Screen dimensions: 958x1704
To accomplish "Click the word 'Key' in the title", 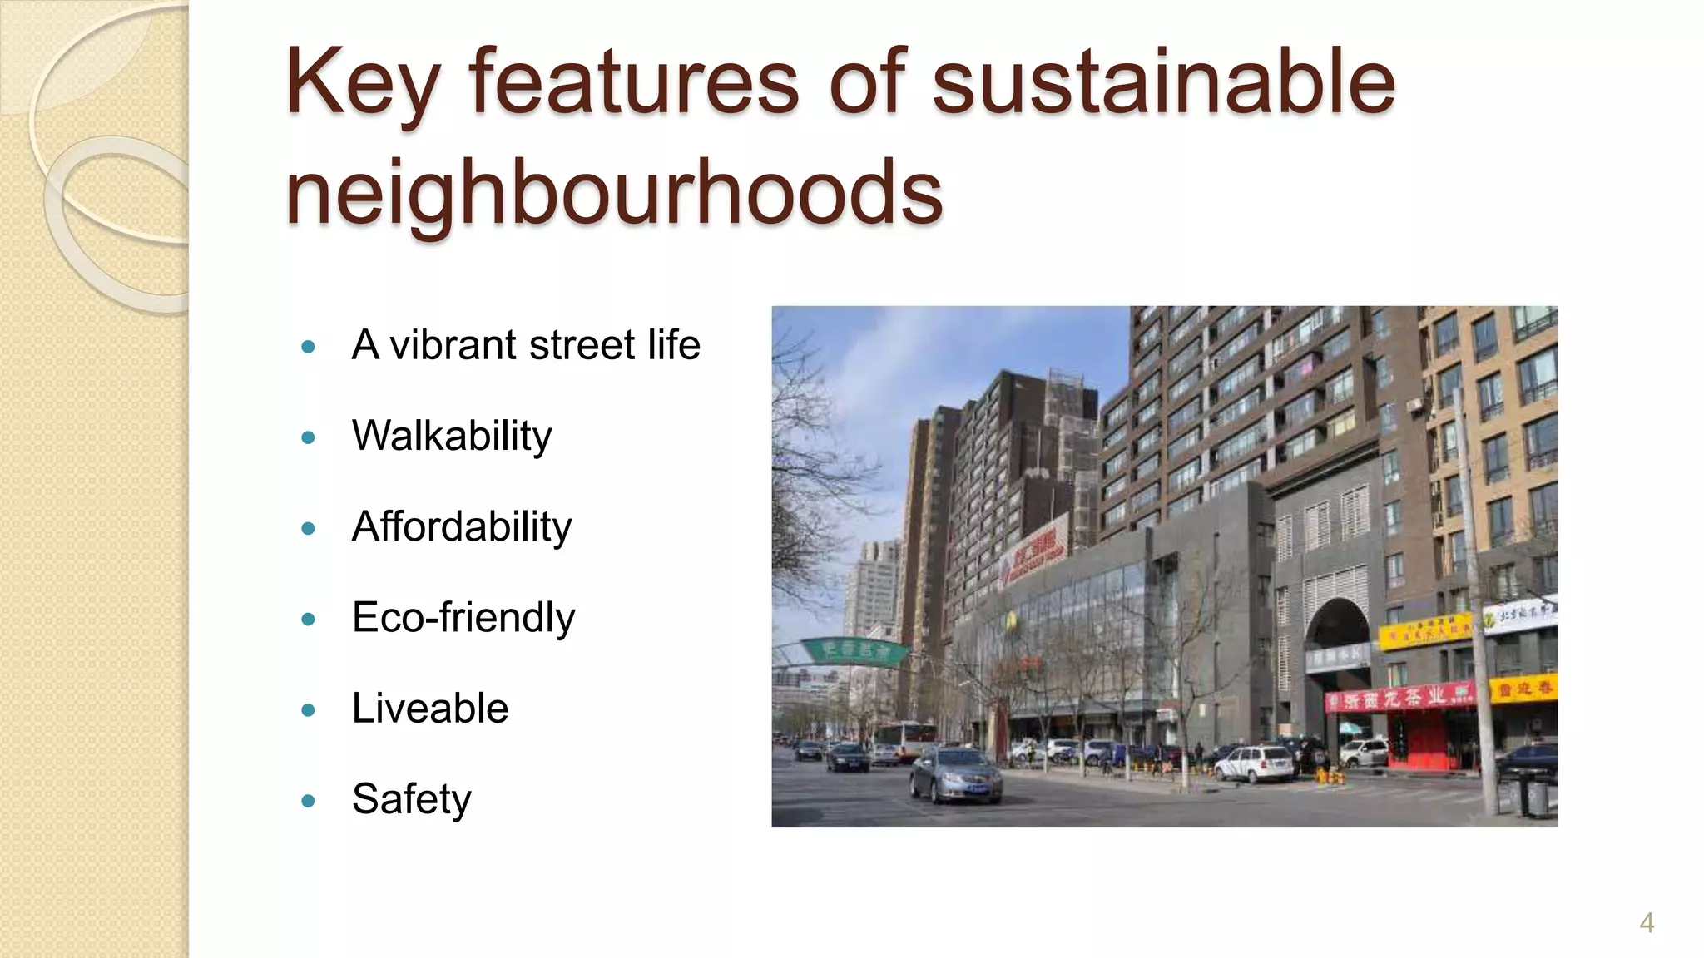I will tap(362, 83).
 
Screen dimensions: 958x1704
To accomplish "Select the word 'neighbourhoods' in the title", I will tap(614, 193).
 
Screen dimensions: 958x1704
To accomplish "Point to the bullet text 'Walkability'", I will tap(452, 436).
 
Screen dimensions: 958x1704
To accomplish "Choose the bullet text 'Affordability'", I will tap(462, 526).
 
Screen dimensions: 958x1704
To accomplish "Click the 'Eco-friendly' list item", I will tap(463, 617).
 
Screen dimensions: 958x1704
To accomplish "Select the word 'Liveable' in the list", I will tap(429, 708).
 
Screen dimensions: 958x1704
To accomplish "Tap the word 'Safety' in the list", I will tap(411, 799).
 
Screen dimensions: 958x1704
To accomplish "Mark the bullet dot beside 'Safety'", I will tap(309, 802).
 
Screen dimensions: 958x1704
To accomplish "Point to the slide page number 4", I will tap(1646, 922).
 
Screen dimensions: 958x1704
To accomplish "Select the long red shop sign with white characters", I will tap(1398, 697).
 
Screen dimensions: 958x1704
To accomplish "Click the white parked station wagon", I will tap(1254, 763).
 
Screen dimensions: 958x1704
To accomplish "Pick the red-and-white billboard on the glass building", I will tap(1035, 553).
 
